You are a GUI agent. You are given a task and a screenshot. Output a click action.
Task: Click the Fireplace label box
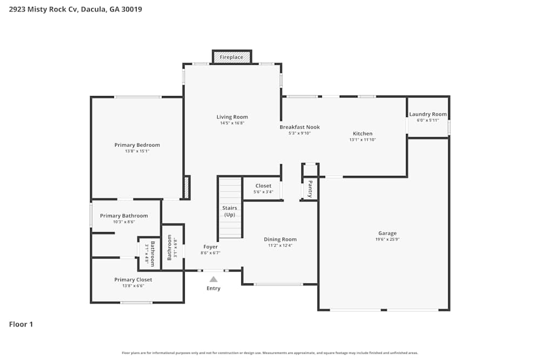tap(232, 57)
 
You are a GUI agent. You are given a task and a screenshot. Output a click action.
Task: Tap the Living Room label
tap(232, 117)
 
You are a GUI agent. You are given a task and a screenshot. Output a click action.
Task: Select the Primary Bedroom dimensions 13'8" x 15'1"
tap(137, 151)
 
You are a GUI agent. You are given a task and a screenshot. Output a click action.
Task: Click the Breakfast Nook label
tap(300, 127)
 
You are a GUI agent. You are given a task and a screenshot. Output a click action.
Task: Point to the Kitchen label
tap(362, 134)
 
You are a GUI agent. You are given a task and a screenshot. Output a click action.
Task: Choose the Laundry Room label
tap(428, 114)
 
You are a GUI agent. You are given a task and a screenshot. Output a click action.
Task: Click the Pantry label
tap(310, 189)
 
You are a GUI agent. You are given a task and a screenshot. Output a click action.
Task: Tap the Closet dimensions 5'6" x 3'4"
tap(264, 192)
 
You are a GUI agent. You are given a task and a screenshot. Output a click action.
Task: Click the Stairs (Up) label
tap(230, 211)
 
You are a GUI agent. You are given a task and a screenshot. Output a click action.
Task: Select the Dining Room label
tap(280, 240)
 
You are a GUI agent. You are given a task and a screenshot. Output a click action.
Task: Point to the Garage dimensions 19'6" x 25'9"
tap(387, 239)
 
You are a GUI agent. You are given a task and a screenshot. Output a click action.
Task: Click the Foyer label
tap(211, 247)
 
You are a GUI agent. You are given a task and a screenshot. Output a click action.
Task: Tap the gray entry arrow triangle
tap(213, 279)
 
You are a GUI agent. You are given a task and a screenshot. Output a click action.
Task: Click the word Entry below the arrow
tap(213, 288)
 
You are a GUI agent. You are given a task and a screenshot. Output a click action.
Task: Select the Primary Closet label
tap(133, 280)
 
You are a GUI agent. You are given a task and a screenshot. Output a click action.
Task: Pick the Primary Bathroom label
tap(124, 216)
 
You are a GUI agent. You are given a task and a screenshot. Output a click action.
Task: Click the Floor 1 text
tap(21, 324)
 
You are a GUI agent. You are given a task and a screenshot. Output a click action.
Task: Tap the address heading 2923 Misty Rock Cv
tap(76, 9)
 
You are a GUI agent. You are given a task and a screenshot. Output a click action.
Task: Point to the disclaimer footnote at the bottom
tap(270, 352)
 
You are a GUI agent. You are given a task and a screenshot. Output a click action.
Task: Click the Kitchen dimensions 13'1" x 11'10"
tap(362, 140)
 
